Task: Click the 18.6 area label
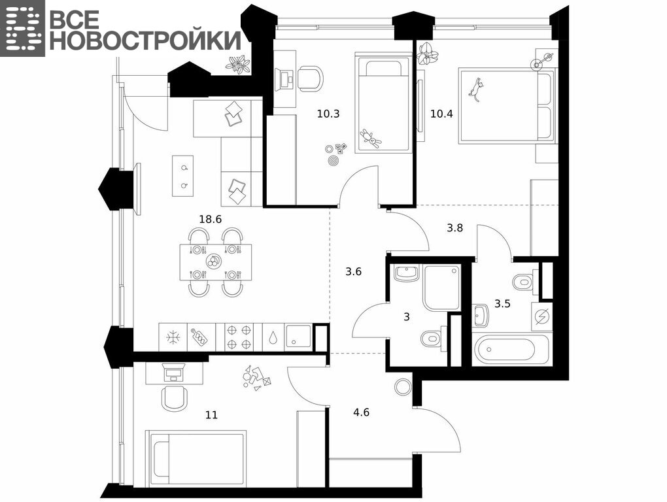(x=211, y=220)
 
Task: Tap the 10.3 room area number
(x=328, y=114)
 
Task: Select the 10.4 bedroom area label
(x=441, y=114)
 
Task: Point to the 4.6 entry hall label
(x=361, y=412)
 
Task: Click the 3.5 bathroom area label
(x=502, y=304)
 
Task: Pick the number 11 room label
(x=211, y=415)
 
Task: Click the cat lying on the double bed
(x=476, y=90)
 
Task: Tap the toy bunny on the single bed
(x=371, y=138)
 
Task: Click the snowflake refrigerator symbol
(x=173, y=338)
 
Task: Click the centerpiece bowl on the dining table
(x=213, y=262)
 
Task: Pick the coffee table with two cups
(x=183, y=176)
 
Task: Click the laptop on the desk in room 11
(x=172, y=374)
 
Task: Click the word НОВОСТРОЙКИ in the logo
(x=146, y=41)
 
